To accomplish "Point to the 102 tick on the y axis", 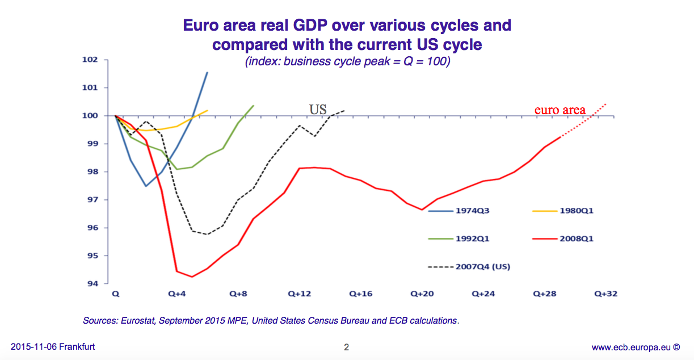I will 90,60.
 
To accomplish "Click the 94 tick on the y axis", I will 92,284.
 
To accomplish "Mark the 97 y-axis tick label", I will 92,200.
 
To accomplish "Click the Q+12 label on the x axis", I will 299,294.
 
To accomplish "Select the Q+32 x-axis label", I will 605,294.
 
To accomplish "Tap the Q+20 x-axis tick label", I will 422,294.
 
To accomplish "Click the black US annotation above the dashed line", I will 318,108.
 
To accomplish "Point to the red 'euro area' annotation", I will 560,110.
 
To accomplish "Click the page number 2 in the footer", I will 346,348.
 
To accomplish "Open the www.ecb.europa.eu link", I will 632,347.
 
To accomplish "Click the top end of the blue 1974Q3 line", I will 207,73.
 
